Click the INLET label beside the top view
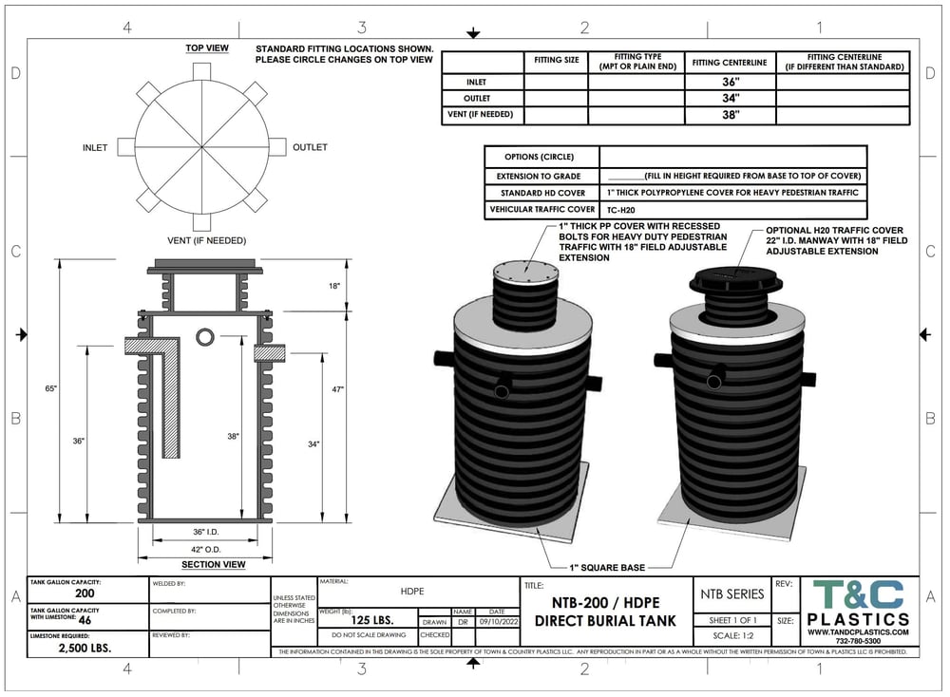click(95, 147)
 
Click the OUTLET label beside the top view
click(310, 147)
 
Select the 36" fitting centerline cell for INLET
click(730, 83)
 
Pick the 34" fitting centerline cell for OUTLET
click(730, 99)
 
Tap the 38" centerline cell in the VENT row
click(730, 115)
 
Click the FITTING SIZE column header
click(556, 61)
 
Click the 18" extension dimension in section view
click(333, 285)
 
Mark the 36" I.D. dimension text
click(206, 532)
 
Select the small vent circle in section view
click(206, 337)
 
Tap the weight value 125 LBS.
click(367, 622)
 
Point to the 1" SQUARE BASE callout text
click(608, 568)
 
